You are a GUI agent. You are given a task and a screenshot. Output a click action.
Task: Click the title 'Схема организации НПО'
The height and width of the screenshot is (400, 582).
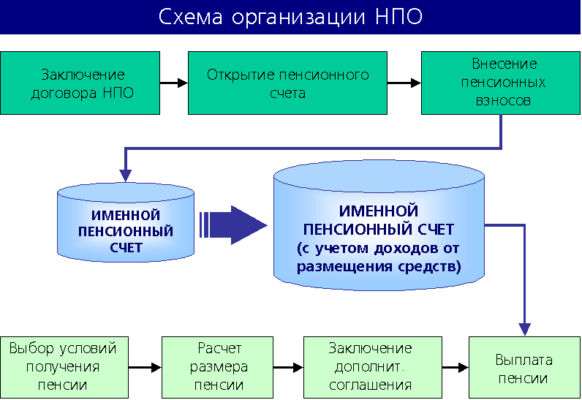click(x=290, y=17)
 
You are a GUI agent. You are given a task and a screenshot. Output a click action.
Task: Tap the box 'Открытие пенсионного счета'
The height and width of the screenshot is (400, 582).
click(x=287, y=83)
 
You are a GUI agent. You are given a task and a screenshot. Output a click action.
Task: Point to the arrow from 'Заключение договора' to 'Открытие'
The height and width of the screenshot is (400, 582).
click(x=174, y=83)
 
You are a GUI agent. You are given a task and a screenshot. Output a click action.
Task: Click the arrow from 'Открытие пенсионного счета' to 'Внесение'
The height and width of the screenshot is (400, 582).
click(x=404, y=83)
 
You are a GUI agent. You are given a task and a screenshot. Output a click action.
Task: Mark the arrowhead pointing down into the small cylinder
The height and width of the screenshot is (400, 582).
click(x=126, y=175)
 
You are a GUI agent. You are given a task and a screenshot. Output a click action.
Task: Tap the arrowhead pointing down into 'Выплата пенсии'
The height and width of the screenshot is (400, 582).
click(x=524, y=328)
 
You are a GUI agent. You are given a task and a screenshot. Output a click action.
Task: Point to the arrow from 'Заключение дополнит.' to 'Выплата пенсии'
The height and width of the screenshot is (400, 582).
click(x=455, y=367)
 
